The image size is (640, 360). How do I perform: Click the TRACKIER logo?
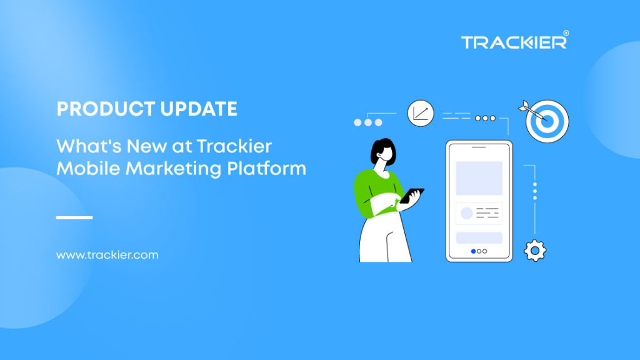[514, 42]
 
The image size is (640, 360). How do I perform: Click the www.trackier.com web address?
[107, 255]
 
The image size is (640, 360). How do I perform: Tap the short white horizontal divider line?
[74, 217]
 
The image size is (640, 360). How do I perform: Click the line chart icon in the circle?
[420, 114]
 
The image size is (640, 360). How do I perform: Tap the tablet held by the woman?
[412, 195]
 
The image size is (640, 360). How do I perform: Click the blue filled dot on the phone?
[473, 251]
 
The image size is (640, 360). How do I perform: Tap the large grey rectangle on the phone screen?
[479, 178]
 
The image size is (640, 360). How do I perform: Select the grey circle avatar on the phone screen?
[466, 213]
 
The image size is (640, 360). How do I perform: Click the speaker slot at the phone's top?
[479, 148]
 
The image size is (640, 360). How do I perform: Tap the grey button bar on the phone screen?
[479, 237]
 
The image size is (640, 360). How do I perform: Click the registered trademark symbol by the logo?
[566, 32]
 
